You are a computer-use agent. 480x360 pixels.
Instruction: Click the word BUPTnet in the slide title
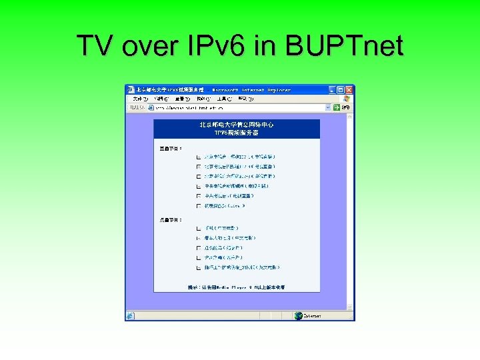(343, 46)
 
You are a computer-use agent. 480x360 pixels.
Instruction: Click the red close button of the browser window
(349, 89)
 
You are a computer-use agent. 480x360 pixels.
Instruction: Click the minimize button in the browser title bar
(331, 89)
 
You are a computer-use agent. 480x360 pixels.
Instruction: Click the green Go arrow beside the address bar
(337, 107)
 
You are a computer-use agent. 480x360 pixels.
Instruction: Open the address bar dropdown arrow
(328, 107)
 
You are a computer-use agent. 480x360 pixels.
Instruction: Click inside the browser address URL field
(233, 107)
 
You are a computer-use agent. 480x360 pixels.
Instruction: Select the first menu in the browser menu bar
(139, 98)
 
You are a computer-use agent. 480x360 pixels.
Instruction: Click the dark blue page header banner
(237, 129)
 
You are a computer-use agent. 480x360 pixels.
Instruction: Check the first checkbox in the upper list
(199, 157)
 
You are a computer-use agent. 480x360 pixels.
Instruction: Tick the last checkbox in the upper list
(199, 206)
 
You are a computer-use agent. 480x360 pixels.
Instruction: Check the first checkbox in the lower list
(199, 228)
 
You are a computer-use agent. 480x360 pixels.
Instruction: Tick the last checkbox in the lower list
(199, 267)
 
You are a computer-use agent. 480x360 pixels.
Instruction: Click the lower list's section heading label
(170, 219)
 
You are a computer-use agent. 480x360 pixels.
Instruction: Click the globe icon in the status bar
(298, 316)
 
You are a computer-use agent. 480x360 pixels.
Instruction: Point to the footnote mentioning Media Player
(237, 287)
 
